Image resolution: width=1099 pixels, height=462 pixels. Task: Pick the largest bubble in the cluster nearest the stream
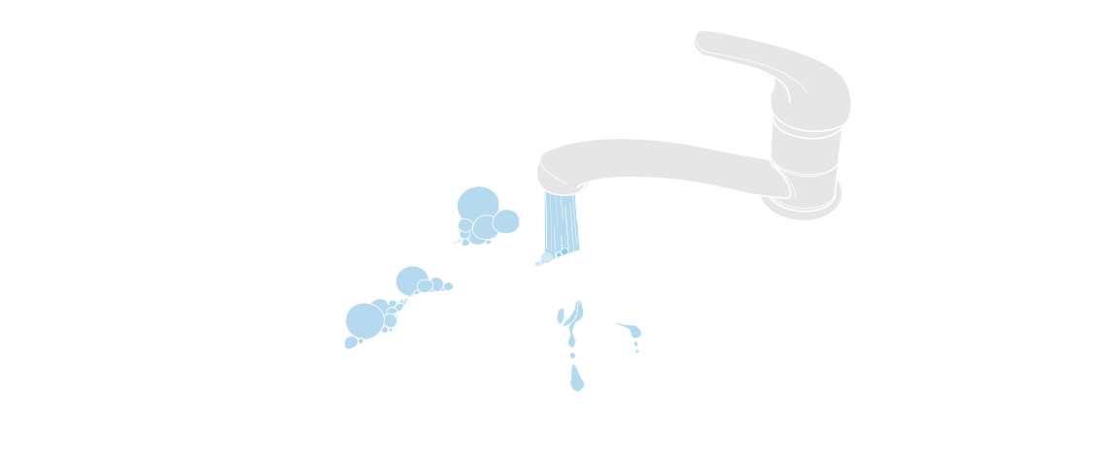(477, 204)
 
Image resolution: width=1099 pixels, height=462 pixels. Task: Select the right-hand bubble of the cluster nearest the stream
(505, 222)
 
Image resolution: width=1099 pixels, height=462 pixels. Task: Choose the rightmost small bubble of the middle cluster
(448, 286)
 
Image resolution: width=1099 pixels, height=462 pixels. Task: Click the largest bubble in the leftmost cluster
(364, 320)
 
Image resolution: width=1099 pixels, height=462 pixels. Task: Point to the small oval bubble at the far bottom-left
(351, 343)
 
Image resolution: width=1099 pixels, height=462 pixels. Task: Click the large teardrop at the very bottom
(577, 379)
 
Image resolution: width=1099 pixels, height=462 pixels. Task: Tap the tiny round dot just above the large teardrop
(572, 356)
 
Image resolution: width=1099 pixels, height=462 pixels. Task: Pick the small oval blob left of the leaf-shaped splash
(561, 315)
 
